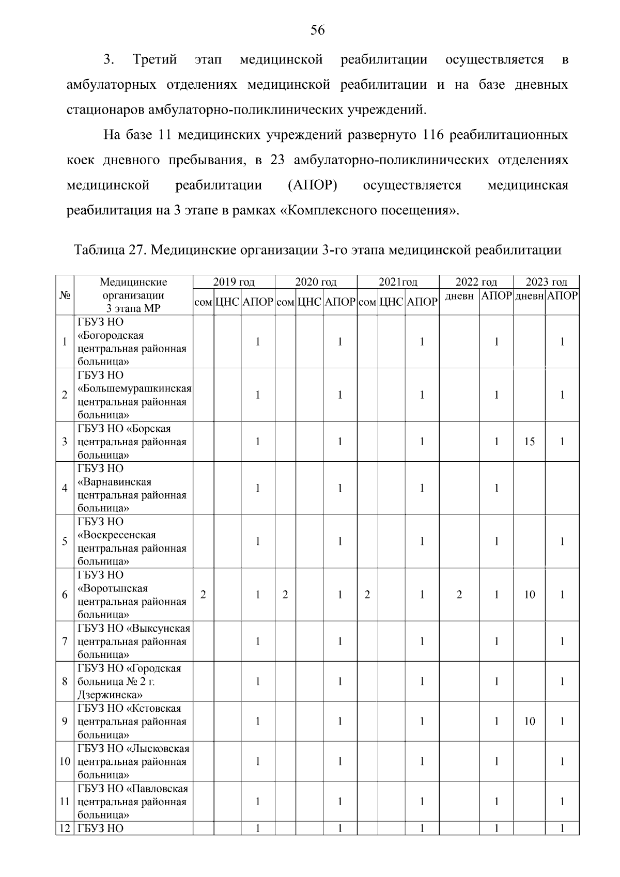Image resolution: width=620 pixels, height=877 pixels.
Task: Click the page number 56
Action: click(317, 30)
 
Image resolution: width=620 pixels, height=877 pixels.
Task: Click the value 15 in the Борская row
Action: click(529, 442)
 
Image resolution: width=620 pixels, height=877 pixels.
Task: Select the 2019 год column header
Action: click(234, 282)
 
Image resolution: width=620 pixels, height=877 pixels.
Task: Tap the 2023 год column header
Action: click(546, 282)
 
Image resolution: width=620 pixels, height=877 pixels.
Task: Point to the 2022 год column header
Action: click(476, 282)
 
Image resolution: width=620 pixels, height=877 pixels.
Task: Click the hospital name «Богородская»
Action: click(111, 336)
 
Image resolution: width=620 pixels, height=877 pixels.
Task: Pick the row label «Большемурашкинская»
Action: click(135, 388)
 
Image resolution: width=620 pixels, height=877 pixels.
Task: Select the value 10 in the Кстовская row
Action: click(529, 722)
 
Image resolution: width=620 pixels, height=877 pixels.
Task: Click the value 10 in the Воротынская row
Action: click(529, 594)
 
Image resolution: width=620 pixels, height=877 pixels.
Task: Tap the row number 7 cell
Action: click(65, 641)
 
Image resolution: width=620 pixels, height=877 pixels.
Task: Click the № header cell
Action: click(65, 295)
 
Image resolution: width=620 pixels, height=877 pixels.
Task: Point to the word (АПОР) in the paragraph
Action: click(312, 185)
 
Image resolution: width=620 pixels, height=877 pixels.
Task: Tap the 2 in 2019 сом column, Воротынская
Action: click(203, 594)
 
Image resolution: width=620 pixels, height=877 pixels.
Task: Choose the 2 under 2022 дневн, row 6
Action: click(459, 594)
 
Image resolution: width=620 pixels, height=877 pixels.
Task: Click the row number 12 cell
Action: click(65, 829)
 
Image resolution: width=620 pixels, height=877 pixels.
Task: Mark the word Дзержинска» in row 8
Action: click(110, 695)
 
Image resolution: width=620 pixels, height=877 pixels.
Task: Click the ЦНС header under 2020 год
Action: click(309, 302)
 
